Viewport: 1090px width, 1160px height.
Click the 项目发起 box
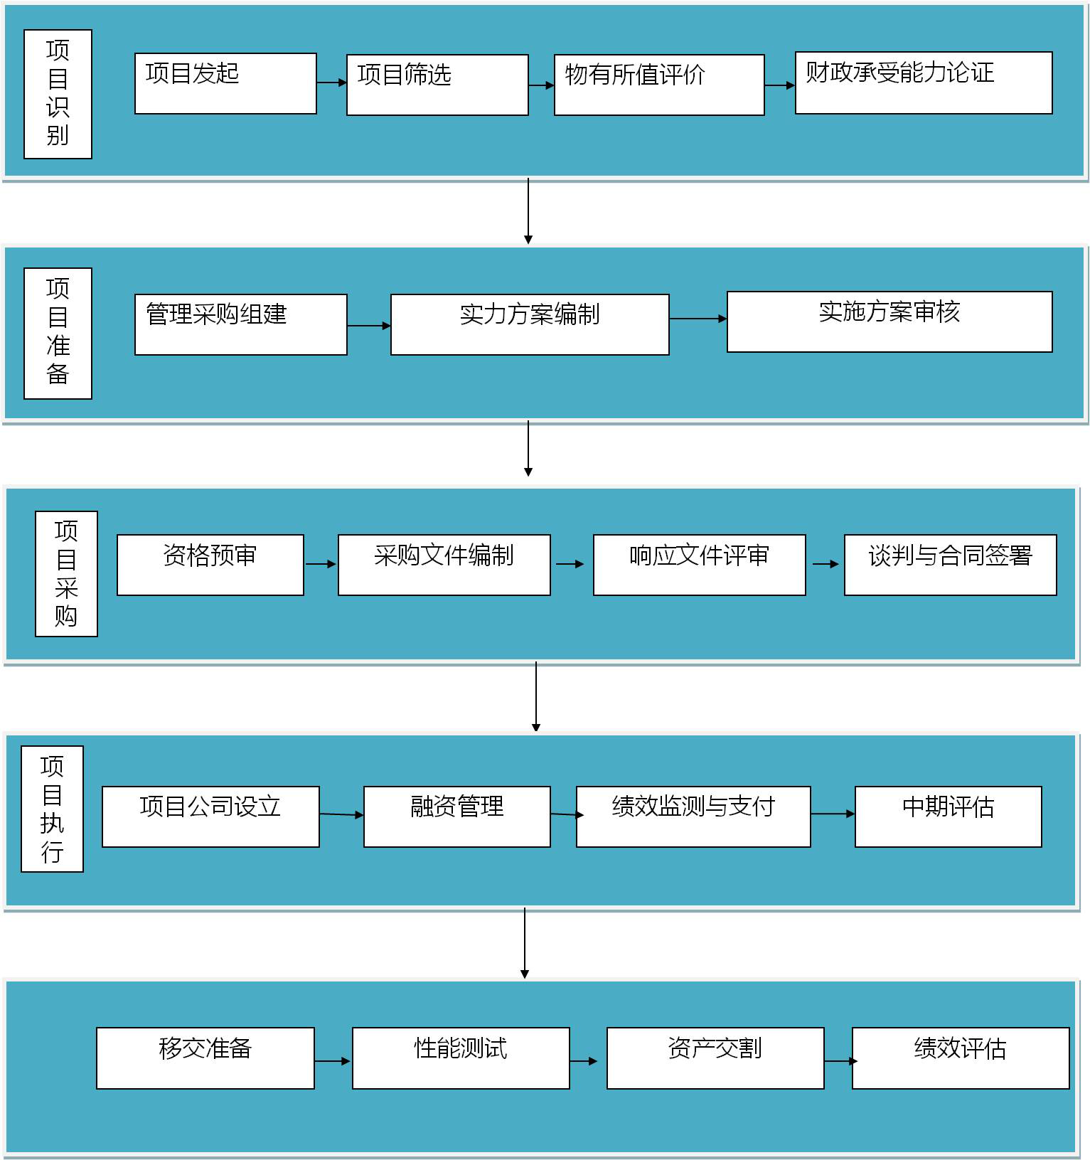pos(225,83)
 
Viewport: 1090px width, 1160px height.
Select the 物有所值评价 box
pos(659,85)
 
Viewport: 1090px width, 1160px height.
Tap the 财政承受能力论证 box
pos(924,83)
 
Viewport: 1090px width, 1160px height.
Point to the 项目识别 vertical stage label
pos(58,94)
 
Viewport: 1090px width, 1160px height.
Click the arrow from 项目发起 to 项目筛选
pos(331,83)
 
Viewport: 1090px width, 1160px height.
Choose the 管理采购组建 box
pos(241,324)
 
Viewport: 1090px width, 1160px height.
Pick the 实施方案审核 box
pos(889,321)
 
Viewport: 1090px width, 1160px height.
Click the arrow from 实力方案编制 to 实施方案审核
pos(698,319)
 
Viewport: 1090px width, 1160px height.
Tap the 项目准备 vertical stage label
pos(58,333)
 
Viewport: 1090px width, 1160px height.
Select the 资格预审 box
pos(210,565)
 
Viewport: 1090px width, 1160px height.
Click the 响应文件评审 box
pos(699,565)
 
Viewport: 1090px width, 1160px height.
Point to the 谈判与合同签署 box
pos(950,565)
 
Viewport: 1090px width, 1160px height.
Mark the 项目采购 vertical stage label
pos(66,573)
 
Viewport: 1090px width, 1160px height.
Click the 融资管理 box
pos(456,816)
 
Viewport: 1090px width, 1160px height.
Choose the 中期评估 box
pos(948,816)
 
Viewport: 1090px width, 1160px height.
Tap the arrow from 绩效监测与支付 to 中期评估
pos(833,814)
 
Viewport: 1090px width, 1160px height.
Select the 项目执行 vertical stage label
pos(52,809)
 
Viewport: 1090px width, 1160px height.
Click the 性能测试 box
pos(461,1058)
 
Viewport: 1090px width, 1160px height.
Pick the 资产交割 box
pos(715,1058)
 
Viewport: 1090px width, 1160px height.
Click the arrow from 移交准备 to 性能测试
pos(333,1061)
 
